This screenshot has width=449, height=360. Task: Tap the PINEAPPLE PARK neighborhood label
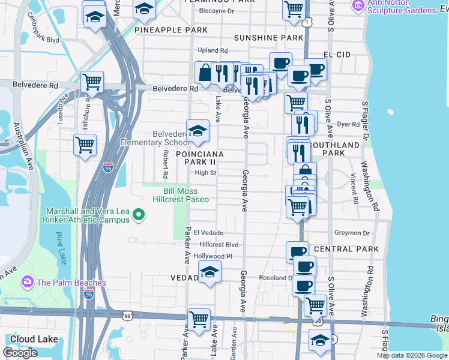[x=171, y=30]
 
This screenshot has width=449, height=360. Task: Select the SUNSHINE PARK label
[x=268, y=38]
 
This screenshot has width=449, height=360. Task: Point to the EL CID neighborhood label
[x=336, y=55]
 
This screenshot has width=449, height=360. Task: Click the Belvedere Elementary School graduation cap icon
[x=197, y=132]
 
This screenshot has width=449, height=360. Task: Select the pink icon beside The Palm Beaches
[x=27, y=282]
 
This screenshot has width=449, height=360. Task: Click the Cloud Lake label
[x=34, y=339]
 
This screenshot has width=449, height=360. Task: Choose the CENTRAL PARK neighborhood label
[x=346, y=249]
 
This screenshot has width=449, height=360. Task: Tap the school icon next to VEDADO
[x=208, y=273]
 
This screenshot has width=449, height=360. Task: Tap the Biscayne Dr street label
[x=217, y=11]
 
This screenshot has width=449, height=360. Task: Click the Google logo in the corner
[x=20, y=353]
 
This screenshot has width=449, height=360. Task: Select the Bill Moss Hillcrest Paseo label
[x=181, y=194]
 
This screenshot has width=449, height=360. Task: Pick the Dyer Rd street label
[x=348, y=124]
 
